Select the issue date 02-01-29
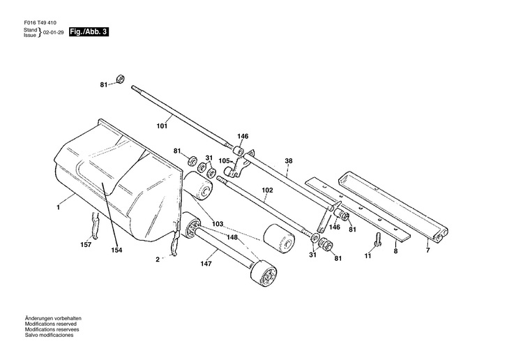pos(54,33)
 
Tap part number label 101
pos(162,127)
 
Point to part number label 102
pos(267,189)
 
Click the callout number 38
pos(289,160)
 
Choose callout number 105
pos(225,160)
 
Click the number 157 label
pos(86,244)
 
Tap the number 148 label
pos(231,237)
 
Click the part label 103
pos(218,224)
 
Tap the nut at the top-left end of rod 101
pos(119,79)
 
